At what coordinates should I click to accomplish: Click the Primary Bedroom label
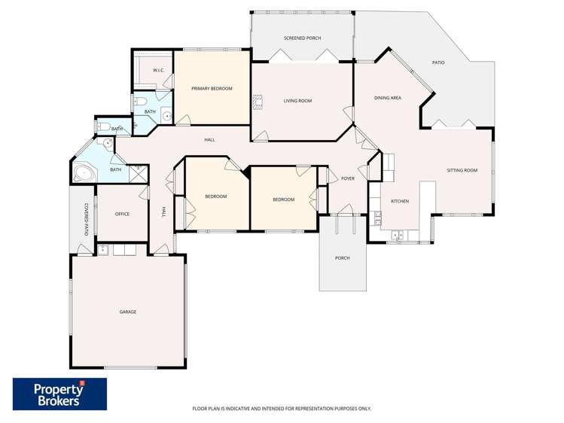(x=212, y=89)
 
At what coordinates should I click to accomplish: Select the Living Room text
(x=297, y=101)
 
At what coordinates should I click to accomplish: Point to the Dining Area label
(x=388, y=98)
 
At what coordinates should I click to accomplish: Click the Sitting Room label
(x=462, y=171)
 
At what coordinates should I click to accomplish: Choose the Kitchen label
(x=399, y=202)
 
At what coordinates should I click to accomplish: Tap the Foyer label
(x=347, y=179)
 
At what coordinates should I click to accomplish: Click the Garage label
(x=128, y=312)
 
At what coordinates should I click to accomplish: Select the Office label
(x=122, y=214)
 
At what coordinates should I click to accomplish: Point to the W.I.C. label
(x=159, y=71)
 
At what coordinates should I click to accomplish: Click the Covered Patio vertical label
(x=87, y=219)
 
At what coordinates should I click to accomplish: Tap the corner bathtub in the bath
(x=84, y=174)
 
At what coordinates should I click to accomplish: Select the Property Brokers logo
(x=60, y=394)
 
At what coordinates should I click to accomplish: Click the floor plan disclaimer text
(x=282, y=409)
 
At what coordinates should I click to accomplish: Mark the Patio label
(x=437, y=62)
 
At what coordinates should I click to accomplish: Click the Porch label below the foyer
(x=343, y=258)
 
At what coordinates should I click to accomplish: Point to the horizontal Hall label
(x=209, y=140)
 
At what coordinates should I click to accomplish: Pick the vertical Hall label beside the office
(x=163, y=212)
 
